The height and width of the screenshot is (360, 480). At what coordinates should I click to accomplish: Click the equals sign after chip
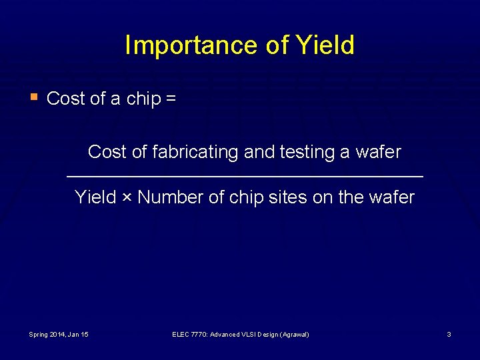point(171,99)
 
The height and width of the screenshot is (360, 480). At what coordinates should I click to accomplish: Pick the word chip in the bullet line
point(143,99)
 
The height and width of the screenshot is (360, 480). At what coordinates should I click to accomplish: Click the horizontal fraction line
point(245,176)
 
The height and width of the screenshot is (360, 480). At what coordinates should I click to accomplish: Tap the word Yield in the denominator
point(95,198)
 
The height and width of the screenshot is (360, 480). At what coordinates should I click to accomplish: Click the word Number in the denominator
point(170,198)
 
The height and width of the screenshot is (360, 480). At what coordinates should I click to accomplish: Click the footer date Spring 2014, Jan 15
point(59,334)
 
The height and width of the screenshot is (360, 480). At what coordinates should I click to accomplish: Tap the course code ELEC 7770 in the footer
point(190,334)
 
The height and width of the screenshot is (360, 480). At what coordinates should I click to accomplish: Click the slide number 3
point(449,334)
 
